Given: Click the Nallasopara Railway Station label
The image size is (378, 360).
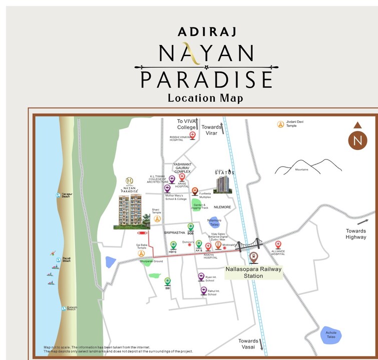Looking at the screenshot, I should coord(254,272).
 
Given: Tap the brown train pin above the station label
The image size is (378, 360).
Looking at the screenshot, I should coord(254,257).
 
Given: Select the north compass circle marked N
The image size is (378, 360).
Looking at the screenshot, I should coord(357,139).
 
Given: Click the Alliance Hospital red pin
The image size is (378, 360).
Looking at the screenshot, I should coord(278,245).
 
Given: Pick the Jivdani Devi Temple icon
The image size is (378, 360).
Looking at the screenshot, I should coord(281,123).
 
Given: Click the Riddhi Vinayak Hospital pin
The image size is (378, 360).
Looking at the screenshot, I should coord(192,134).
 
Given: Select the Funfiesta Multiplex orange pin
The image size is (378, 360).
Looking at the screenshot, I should coord(195,191).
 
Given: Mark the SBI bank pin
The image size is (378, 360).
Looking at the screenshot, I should coord(168,281).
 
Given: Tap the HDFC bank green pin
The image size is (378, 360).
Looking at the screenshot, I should coord(173,245).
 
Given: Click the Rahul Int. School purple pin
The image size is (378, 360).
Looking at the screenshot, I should coord(203,290).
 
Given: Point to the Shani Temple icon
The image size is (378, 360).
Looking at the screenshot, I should coord(157,219).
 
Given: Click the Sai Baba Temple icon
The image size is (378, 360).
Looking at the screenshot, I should coord(142,253).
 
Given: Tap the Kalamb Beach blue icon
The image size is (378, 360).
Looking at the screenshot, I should coord(64,308).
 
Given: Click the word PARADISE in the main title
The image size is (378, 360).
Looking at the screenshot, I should coord(206,80).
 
